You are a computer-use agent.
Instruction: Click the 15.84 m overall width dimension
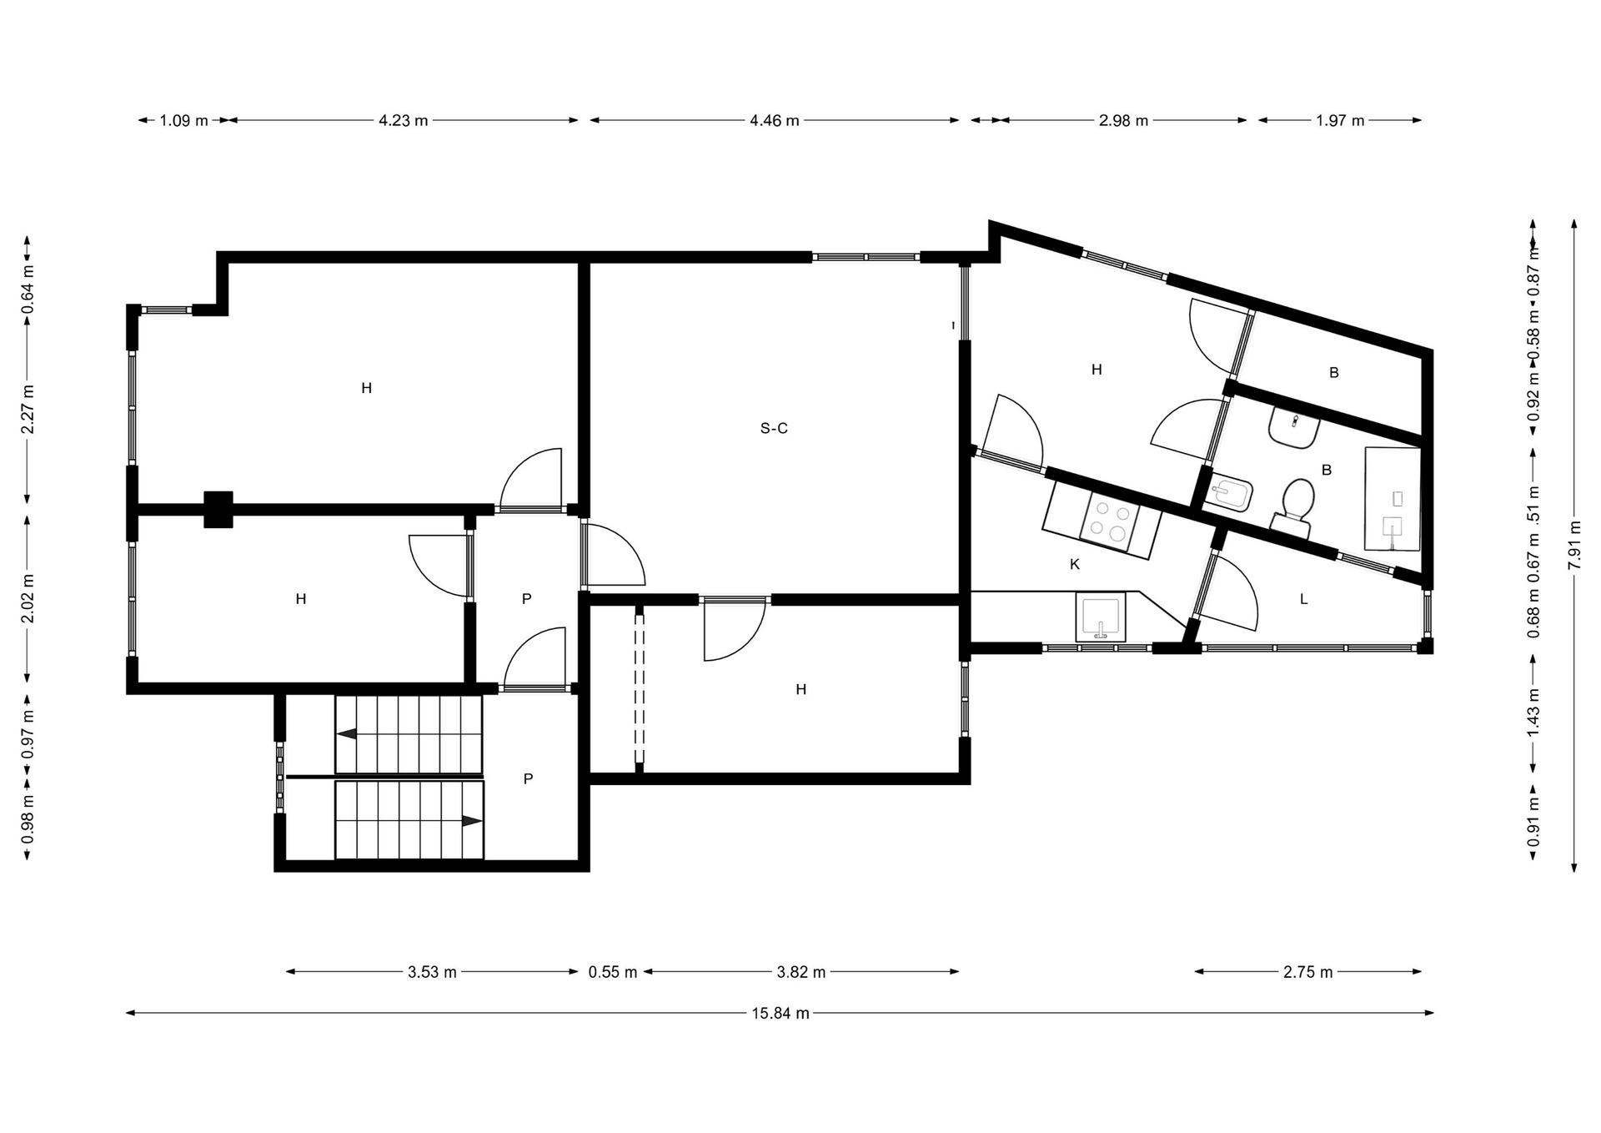pyautogui.click(x=780, y=1014)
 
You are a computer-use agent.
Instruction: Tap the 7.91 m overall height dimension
pyautogui.click(x=1574, y=546)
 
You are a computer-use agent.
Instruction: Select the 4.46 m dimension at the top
pyautogui.click(x=775, y=120)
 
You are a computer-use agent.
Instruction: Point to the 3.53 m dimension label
pyautogui.click(x=432, y=972)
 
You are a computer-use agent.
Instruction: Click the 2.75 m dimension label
pyautogui.click(x=1308, y=972)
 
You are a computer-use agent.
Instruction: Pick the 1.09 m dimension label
pyautogui.click(x=183, y=120)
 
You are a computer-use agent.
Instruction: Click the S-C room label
pyautogui.click(x=774, y=429)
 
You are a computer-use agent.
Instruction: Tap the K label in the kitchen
pyautogui.click(x=1075, y=565)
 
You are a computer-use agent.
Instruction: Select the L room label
pyautogui.click(x=1304, y=599)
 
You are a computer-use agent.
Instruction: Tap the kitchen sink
pyautogui.click(x=1101, y=617)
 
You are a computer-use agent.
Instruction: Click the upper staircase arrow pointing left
pyautogui.click(x=347, y=733)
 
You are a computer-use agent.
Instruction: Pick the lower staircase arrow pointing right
pyautogui.click(x=472, y=821)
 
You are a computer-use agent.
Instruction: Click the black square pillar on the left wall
pyautogui.click(x=218, y=509)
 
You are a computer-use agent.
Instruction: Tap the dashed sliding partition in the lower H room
pyautogui.click(x=640, y=689)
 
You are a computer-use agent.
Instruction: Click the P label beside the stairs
pyautogui.click(x=528, y=779)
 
